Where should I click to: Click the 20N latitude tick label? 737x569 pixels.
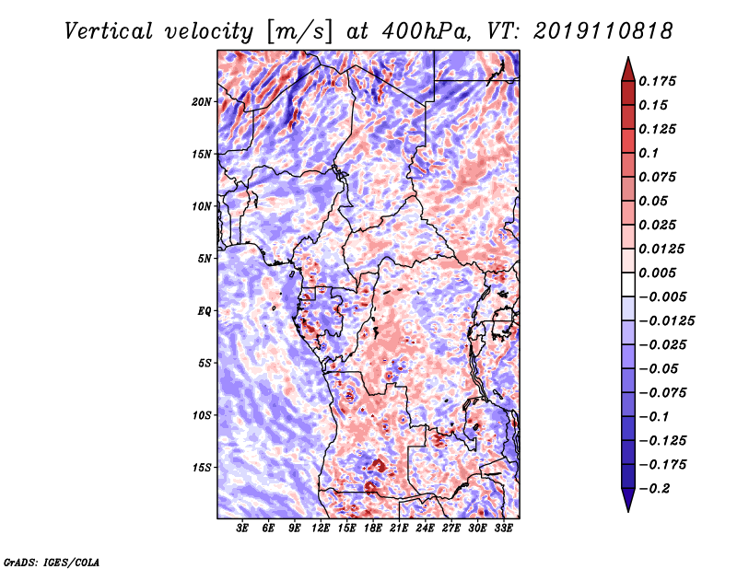pos(202,102)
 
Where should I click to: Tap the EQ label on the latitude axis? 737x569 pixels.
pos(205,311)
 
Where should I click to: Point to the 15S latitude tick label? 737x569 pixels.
pos(202,468)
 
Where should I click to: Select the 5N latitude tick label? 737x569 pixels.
pos(205,259)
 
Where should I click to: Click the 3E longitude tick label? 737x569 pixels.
pos(242,528)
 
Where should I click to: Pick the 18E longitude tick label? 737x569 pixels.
pos(373,528)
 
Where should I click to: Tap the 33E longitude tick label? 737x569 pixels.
pos(503,528)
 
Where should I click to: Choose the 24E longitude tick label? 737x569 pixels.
pos(425,528)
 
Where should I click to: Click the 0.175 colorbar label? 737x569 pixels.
pos(657,81)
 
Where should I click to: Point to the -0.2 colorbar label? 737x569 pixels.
pos(654,489)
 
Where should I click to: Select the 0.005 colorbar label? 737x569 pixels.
pos(657,273)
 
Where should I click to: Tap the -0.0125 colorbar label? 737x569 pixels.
pos(666,321)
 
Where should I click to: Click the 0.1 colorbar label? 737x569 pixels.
pos(649,153)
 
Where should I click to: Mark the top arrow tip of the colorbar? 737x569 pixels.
pos(628,57)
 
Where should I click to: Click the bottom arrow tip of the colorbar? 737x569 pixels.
pos(628,511)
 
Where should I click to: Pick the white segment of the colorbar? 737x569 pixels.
pos(628,284)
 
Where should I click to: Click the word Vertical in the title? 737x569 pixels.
pos(109,31)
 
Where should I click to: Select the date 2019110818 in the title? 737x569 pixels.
pos(603,31)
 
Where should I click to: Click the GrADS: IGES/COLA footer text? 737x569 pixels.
pos(52,562)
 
